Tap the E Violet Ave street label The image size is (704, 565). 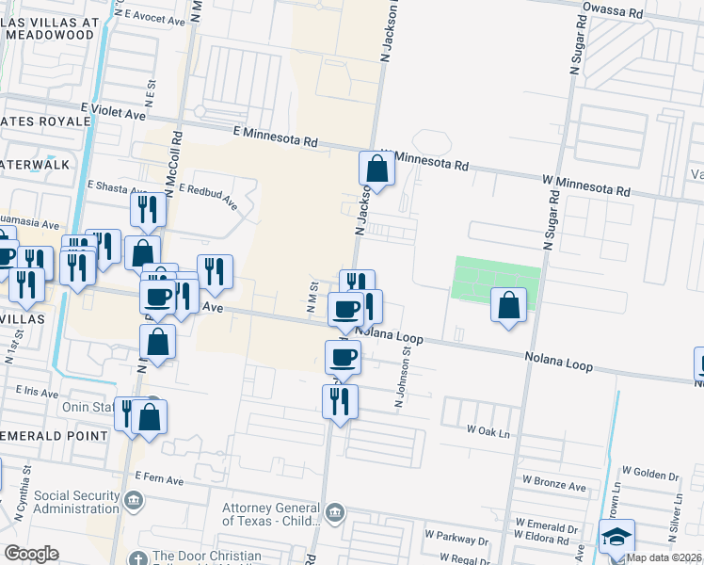[x=113, y=112]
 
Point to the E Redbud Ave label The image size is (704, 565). [x=208, y=196]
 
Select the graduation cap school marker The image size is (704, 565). [x=616, y=538]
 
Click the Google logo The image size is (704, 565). [x=31, y=554]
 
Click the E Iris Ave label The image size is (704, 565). [x=37, y=389]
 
